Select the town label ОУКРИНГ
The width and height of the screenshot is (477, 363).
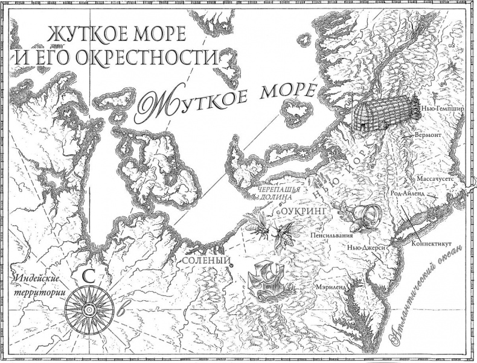(306, 212)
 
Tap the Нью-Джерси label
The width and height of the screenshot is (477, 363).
(367, 247)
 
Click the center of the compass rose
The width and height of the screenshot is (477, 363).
(88, 309)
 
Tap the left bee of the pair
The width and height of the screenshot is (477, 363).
(258, 223)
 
